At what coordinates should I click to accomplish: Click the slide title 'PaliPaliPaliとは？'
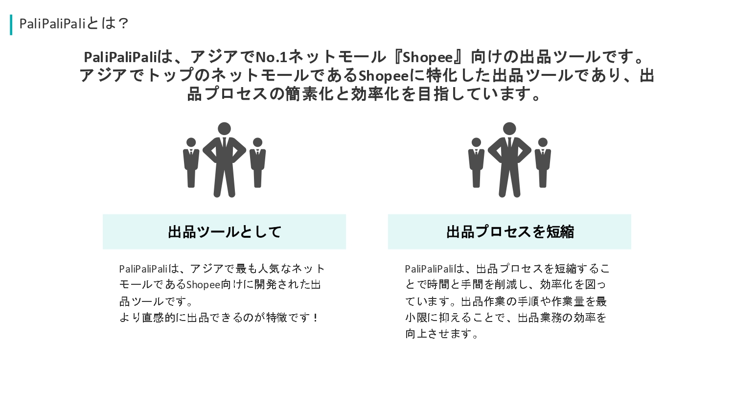coord(74,23)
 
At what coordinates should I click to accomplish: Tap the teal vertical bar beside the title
coord(11,24)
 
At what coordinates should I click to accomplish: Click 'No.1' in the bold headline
coord(272,57)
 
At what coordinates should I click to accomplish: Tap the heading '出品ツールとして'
coord(225,232)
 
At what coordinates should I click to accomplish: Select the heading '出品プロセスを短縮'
coord(510,232)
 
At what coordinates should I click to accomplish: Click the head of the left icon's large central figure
coord(225,129)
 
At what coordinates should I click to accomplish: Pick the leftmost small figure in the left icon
coord(191,162)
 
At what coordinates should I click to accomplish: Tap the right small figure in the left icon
coord(257,162)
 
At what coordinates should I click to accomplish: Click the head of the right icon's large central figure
coord(509,129)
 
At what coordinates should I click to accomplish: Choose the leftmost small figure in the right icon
coord(476,162)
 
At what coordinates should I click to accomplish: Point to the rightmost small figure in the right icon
coord(543,162)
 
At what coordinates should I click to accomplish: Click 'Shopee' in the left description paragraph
coord(203,285)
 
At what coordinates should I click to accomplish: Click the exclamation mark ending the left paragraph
coord(315,317)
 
